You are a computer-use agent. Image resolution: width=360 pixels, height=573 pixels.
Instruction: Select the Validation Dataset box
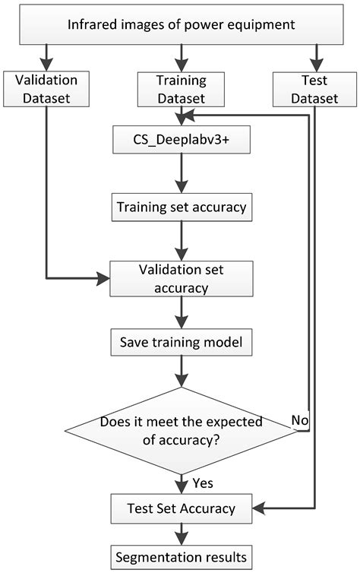[x=46, y=87]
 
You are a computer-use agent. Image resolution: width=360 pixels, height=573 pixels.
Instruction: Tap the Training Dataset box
[x=181, y=87]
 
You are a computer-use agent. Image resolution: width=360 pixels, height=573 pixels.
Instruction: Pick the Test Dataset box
[x=314, y=87]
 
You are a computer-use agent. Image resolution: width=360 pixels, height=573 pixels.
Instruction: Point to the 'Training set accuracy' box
[x=181, y=207]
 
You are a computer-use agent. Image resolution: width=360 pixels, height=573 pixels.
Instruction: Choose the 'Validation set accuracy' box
[x=181, y=278]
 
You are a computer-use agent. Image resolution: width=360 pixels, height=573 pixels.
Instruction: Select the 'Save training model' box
[x=181, y=343]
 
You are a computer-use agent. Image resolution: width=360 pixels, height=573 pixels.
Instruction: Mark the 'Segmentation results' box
[x=181, y=557]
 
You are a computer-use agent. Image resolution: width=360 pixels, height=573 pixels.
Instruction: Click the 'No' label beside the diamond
[x=300, y=419]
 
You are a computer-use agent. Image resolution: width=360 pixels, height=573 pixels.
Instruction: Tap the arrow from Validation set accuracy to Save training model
[x=181, y=312]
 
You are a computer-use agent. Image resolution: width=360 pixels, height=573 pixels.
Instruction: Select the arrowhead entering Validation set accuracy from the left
[x=104, y=278]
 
